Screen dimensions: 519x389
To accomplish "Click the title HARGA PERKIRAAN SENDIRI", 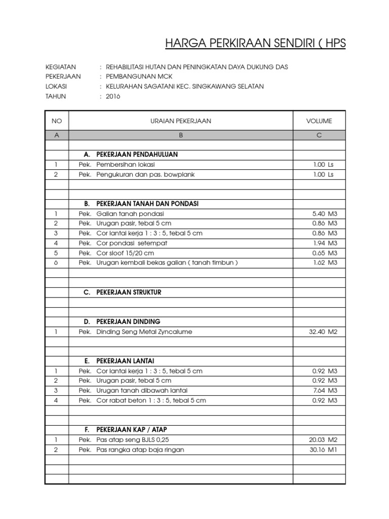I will tap(255, 44).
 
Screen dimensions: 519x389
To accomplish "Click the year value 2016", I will tap(113, 96).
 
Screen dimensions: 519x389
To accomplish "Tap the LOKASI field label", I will tap(56, 87).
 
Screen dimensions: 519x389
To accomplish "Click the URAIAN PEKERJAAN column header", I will tap(181, 121).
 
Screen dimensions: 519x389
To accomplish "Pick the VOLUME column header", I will tap(319, 121).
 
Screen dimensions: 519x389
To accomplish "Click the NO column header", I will tap(57, 121).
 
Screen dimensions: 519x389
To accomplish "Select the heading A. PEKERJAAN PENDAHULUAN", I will tap(131, 155).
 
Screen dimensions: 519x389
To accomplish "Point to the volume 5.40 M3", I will tap(325, 214).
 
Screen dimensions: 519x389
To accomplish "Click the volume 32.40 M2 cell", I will tap(323, 332).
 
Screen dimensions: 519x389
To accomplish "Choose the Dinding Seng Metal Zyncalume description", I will tap(144, 332).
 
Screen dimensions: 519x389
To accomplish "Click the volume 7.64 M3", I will tap(325, 391).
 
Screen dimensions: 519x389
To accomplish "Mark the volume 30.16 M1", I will tap(323, 450).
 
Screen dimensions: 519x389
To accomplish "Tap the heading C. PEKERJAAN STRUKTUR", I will tap(123, 292).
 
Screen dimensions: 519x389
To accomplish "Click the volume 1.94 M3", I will tap(325, 243).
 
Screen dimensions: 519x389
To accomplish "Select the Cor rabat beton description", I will tap(151, 400).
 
